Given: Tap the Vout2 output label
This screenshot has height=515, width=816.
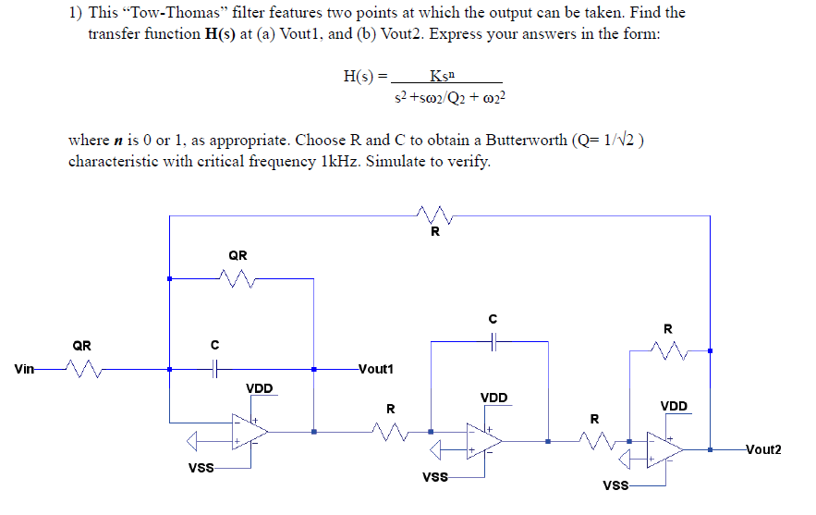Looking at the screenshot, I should [763, 449].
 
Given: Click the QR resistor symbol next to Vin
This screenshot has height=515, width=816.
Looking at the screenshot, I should [82, 369].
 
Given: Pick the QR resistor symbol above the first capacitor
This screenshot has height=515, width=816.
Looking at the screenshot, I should [237, 277].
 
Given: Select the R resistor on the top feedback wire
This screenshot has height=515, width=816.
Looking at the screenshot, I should [433, 216].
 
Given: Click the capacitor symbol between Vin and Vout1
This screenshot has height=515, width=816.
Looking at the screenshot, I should [214, 369].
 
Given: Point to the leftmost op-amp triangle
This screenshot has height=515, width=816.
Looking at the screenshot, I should [250, 431].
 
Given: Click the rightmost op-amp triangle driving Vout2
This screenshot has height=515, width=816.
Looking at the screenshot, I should [664, 449].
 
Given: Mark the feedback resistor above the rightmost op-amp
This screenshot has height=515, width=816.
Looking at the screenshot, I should [668, 350].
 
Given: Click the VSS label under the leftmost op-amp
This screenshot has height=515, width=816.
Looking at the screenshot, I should [201, 468].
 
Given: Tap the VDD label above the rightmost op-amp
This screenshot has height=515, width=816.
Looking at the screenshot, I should [673, 406].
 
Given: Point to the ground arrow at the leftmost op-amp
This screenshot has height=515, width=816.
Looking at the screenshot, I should [193, 439].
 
